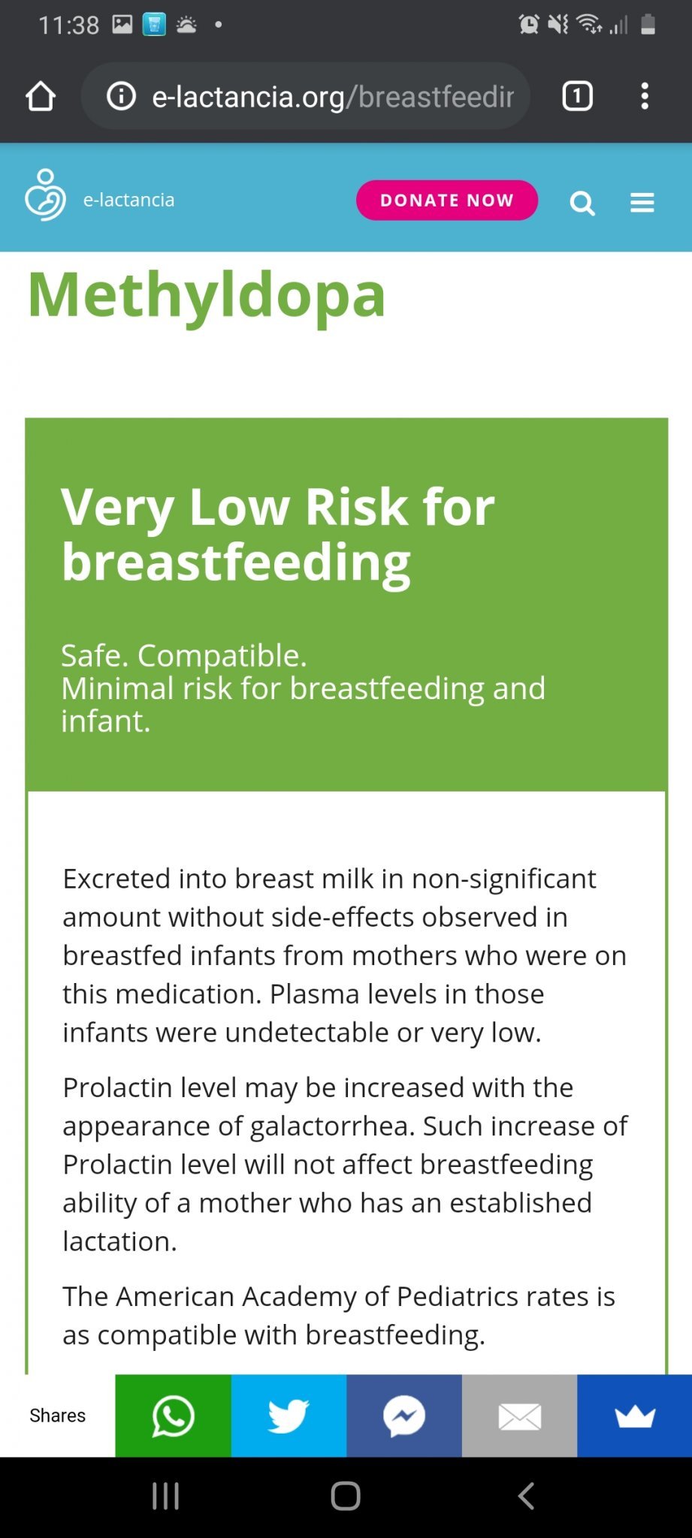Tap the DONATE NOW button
click(x=447, y=201)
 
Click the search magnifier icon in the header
click(x=582, y=203)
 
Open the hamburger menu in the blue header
click(x=642, y=203)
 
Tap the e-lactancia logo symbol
click(x=45, y=195)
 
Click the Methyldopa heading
click(x=207, y=296)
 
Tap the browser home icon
click(x=41, y=96)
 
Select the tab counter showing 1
click(x=577, y=96)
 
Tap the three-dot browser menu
click(x=645, y=96)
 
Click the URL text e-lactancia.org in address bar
click(x=248, y=97)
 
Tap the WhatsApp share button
click(x=174, y=1416)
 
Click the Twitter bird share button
click(x=289, y=1416)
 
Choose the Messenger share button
click(x=404, y=1416)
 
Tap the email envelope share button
click(x=519, y=1416)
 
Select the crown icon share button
click(x=635, y=1416)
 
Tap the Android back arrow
click(x=526, y=1496)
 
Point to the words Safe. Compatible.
click(x=184, y=656)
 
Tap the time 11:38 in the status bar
click(x=68, y=26)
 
